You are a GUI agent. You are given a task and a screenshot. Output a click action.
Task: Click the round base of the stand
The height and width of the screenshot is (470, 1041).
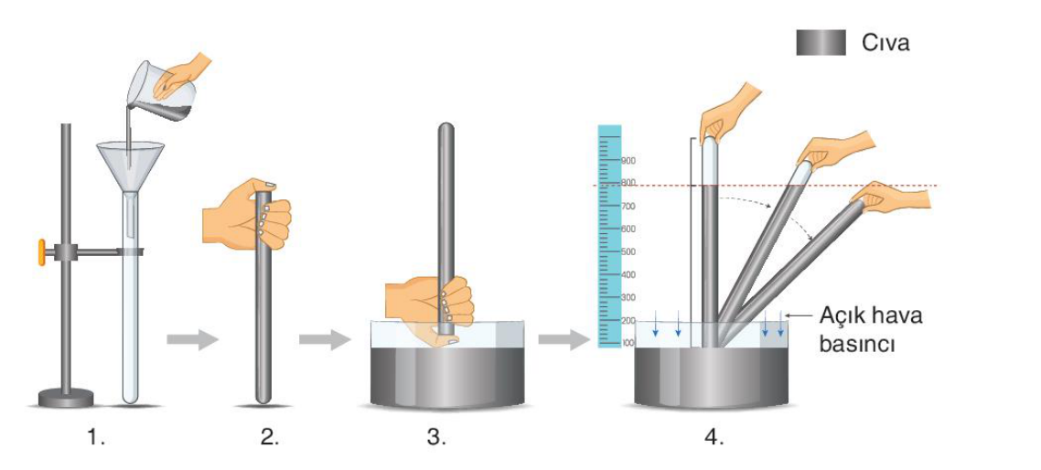pos(66,399)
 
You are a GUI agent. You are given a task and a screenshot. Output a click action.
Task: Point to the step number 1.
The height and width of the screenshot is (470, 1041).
pos(98,438)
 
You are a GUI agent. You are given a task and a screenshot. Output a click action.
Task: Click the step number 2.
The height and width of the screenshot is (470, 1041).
pos(270,438)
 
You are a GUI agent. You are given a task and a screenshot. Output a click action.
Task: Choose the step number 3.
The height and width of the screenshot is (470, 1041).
pos(435,438)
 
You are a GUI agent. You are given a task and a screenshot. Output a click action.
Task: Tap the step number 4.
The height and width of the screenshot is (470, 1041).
pos(714,438)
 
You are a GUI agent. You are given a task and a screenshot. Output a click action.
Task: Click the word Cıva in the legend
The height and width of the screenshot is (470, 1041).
pos(885,43)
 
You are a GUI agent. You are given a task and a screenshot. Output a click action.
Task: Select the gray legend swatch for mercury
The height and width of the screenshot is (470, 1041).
pos(821,43)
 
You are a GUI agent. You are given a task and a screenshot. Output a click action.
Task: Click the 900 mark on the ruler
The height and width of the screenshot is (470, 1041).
pos(628,161)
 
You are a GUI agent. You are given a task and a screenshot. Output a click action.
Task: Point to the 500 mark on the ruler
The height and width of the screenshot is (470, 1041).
pos(628,251)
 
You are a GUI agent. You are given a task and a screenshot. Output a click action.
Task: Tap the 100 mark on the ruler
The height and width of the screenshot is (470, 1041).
pos(628,343)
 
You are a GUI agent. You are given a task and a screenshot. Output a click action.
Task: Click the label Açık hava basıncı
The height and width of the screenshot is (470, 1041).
pos(870,329)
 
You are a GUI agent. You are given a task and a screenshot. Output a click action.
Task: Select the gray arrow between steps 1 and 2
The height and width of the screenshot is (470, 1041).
pos(192,340)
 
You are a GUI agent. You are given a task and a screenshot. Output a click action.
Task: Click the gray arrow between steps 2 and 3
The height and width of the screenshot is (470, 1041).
pos(325,340)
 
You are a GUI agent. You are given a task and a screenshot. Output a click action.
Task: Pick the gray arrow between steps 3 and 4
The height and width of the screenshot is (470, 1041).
pos(563,340)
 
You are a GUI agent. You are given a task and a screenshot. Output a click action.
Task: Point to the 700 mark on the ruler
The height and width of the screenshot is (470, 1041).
pos(628,207)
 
